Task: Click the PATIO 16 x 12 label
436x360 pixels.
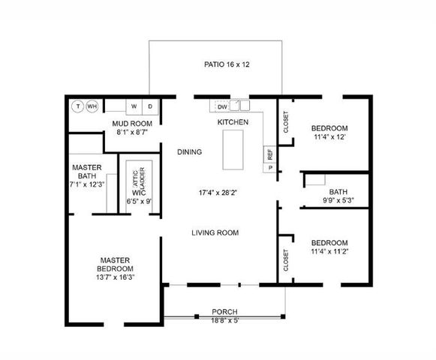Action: [227, 64]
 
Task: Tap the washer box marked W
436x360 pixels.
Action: [134, 106]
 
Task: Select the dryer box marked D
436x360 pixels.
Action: [150, 106]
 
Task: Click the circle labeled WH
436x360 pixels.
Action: [92, 106]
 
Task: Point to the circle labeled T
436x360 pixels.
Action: [78, 106]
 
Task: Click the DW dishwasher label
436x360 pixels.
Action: [223, 107]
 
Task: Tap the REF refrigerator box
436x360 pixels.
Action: [269, 154]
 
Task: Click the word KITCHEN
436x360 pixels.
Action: [233, 121]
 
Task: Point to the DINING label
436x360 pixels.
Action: [189, 152]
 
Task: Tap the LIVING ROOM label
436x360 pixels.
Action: [215, 233]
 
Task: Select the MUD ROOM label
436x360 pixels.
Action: [132, 123]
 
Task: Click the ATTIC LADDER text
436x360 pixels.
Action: [137, 178]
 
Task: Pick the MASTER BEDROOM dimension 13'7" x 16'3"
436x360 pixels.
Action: [116, 277]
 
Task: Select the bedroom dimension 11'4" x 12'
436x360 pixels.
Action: [329, 137]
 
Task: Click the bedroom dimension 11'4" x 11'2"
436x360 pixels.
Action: [329, 252]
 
